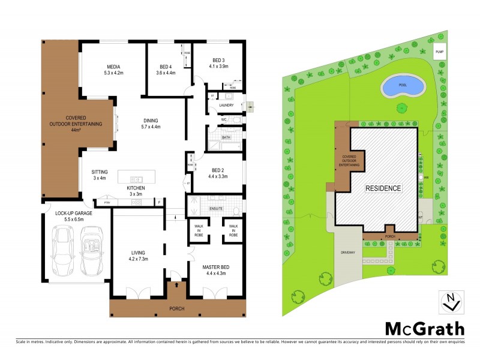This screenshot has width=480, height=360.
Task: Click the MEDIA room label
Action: pyautogui.click(x=113, y=67)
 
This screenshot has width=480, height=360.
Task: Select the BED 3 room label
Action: pyautogui.click(x=217, y=61)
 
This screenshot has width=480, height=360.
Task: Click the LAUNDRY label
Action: pyautogui.click(x=226, y=105)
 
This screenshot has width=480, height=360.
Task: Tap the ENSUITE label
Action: pyautogui.click(x=216, y=208)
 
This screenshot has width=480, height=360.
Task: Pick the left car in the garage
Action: pyautogui.click(x=63, y=248)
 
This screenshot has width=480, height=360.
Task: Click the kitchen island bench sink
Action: pyautogui.click(x=136, y=179)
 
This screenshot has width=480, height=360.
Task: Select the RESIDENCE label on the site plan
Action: pyautogui.click(x=384, y=188)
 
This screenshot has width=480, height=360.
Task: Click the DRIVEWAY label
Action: pyautogui.click(x=348, y=253)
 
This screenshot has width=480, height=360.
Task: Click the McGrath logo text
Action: pyautogui.click(x=424, y=328)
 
